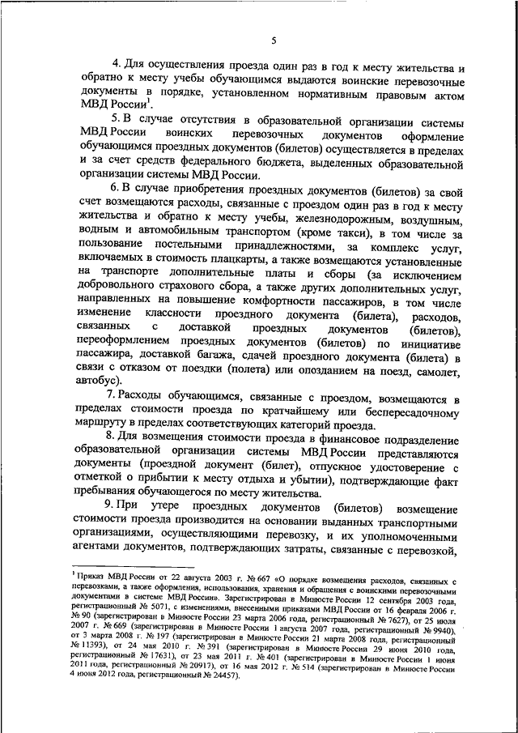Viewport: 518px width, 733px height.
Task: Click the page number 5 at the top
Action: click(274, 40)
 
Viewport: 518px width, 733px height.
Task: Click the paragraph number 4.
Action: click(115, 70)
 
